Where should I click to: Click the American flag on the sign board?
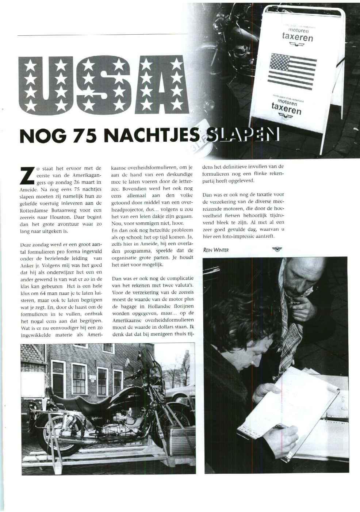292,72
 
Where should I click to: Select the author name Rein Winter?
216,250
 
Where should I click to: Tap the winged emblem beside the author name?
277,249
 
